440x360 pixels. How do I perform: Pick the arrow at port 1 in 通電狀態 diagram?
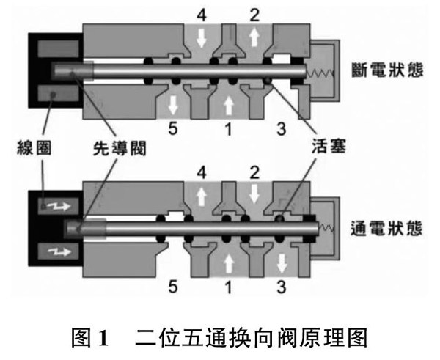coord(229,260)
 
